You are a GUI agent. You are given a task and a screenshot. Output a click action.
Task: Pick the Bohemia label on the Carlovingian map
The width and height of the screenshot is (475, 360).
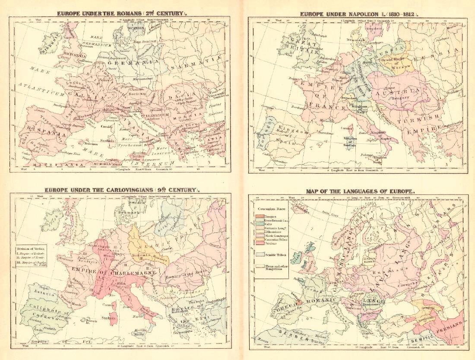click(141, 256)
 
